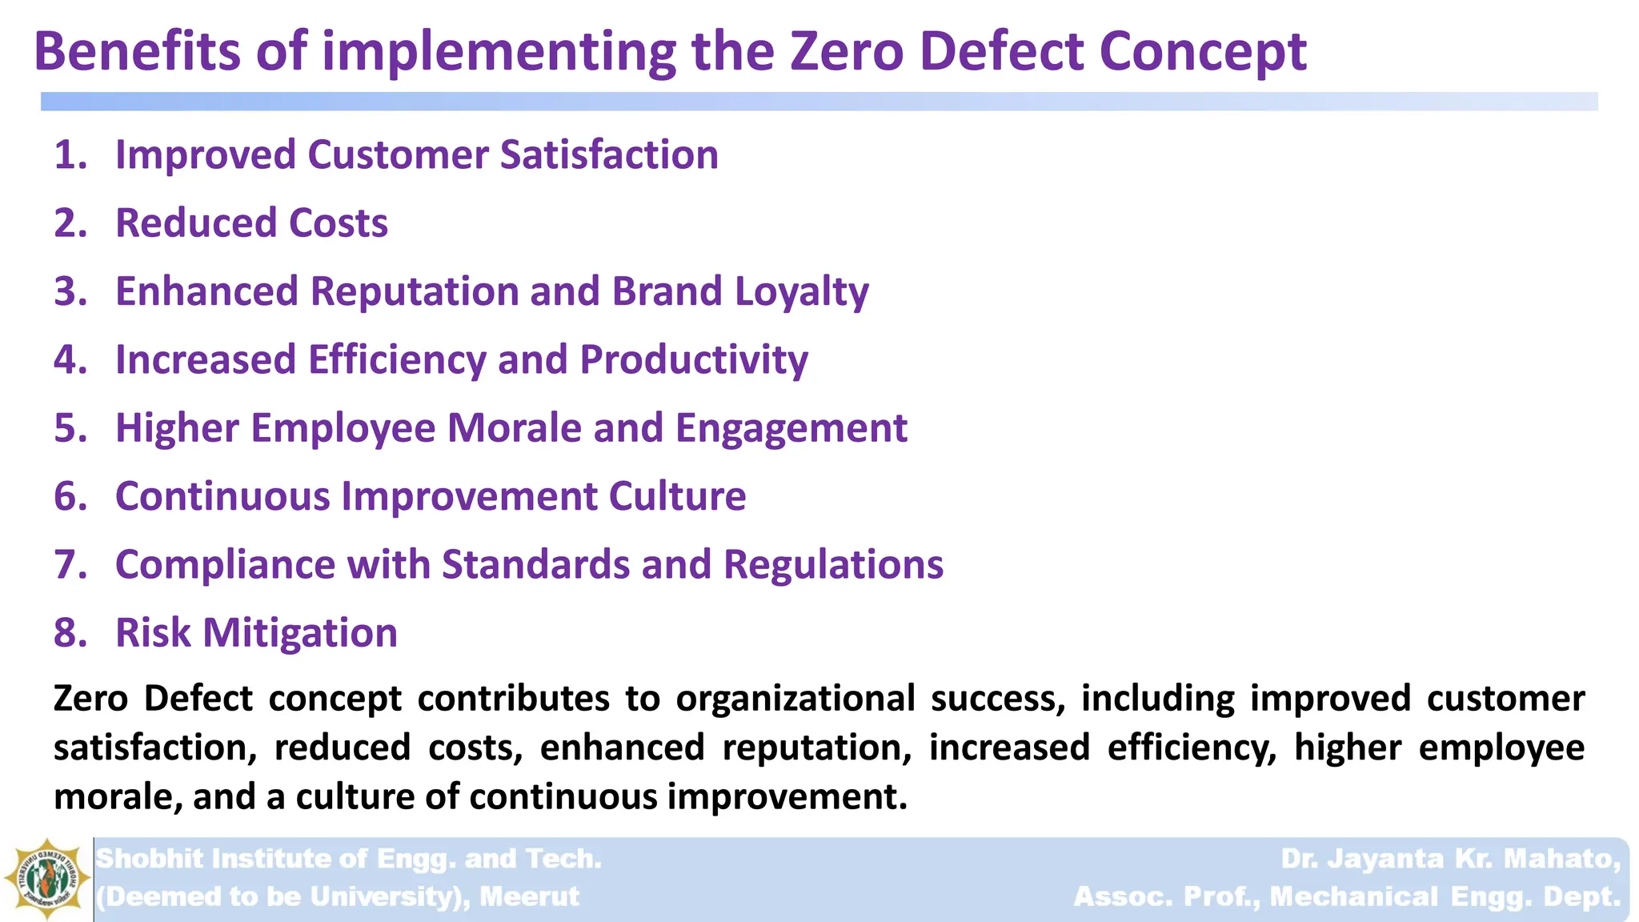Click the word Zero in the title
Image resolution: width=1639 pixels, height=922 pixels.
pyautogui.click(x=847, y=51)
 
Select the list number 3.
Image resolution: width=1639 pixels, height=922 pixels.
pyautogui.click(x=70, y=291)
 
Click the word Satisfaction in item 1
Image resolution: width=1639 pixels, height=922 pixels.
pyautogui.click(x=609, y=154)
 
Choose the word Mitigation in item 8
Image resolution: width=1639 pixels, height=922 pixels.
pyautogui.click(x=300, y=634)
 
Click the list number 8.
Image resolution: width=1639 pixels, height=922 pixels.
pyautogui.click(x=70, y=633)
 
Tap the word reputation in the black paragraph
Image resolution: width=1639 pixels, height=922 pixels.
pyautogui.click(x=816, y=748)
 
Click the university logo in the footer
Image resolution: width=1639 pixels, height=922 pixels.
pyautogui.click(x=46, y=880)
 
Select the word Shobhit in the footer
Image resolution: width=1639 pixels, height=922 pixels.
pyautogui.click(x=150, y=859)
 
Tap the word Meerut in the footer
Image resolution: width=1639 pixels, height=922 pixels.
pyautogui.click(x=529, y=896)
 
